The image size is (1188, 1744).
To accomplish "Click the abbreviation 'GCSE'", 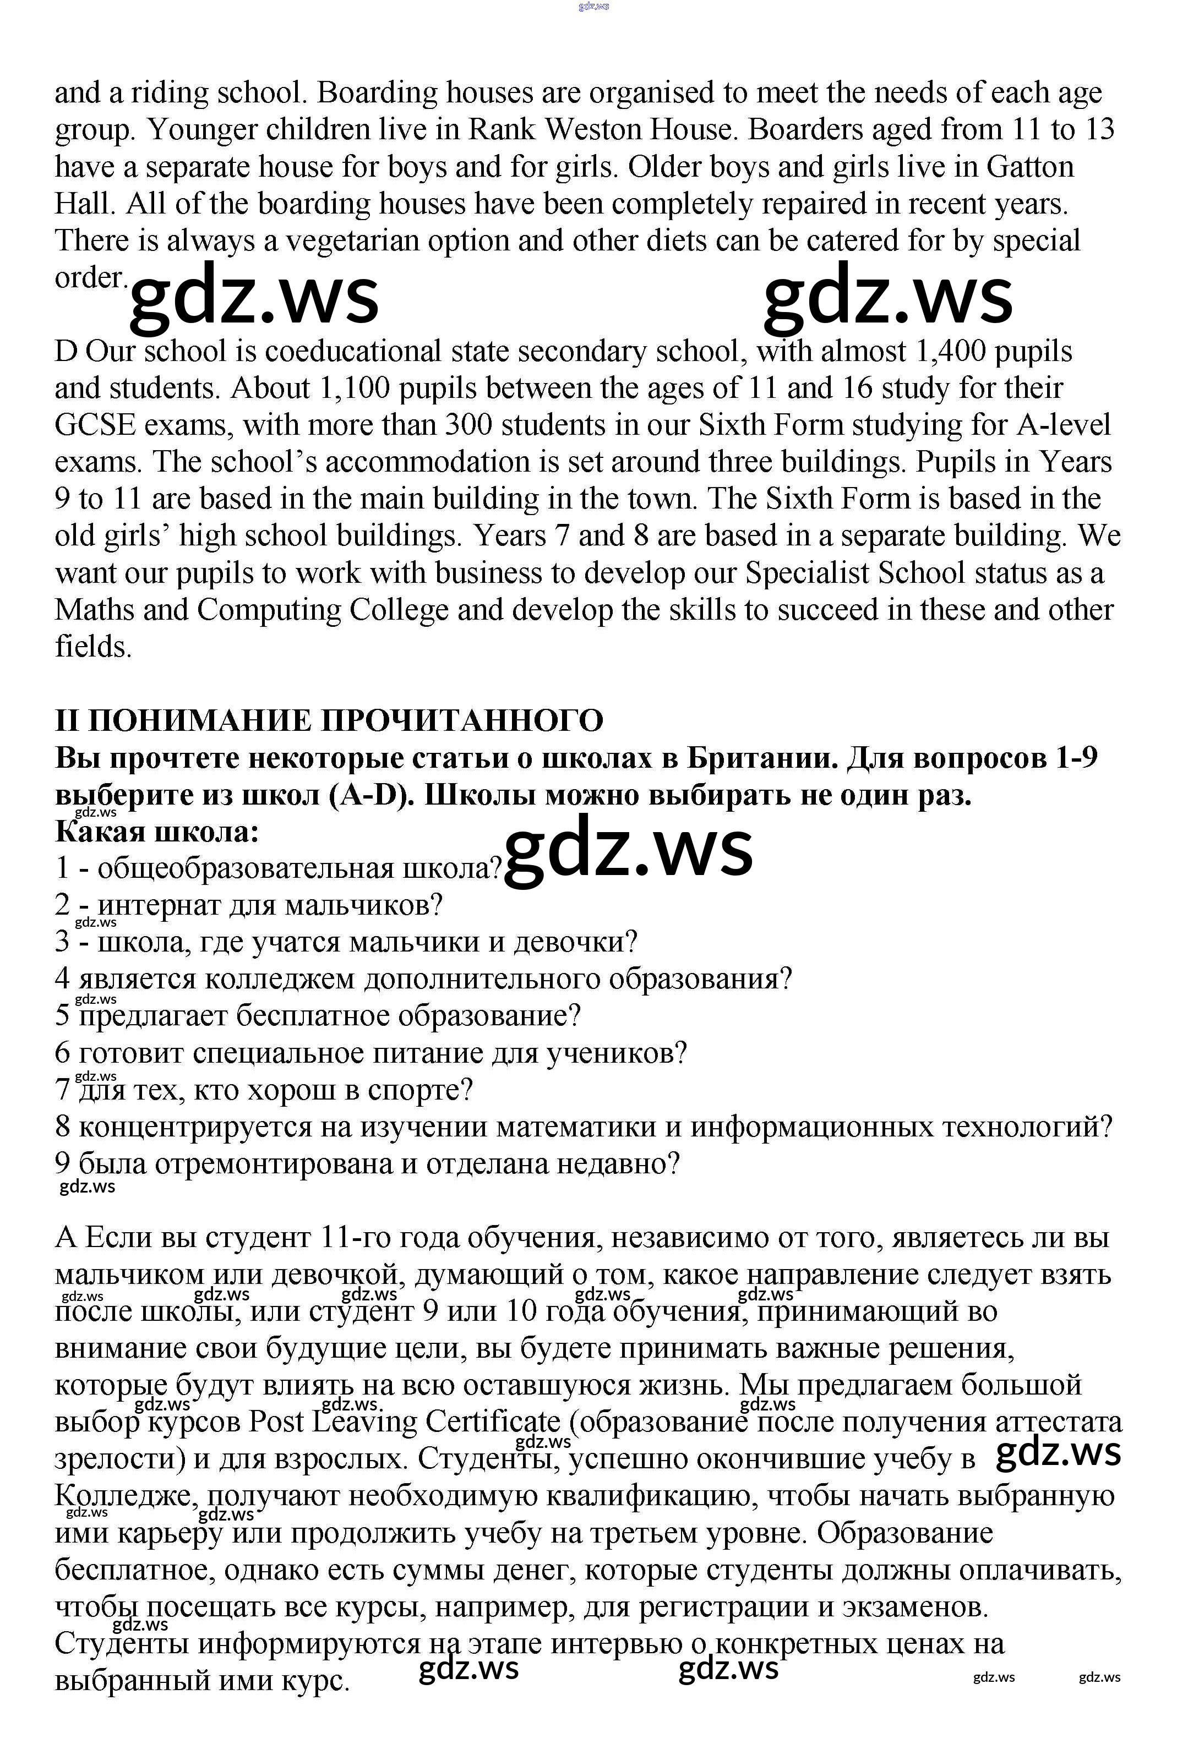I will (95, 425).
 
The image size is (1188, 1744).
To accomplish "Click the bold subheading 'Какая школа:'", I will (156, 832).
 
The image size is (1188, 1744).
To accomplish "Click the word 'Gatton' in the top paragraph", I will (1029, 167).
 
